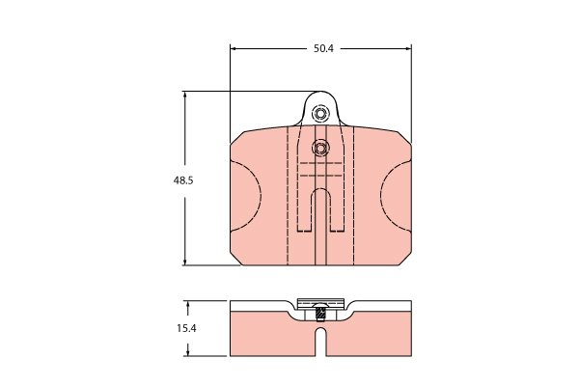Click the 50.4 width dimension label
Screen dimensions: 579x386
tap(323, 48)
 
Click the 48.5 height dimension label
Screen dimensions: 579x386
tap(183, 180)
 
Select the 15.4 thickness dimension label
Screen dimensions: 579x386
tap(186, 328)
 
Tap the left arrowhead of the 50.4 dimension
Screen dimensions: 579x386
tap(234, 48)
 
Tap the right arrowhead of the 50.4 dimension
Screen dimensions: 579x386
tap(408, 48)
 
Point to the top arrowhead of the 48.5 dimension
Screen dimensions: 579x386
tap(185, 95)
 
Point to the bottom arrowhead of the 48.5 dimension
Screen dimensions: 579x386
tap(185, 262)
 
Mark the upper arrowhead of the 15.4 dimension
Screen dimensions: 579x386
tap(188, 304)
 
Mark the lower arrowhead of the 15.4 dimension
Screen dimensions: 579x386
tap(188, 352)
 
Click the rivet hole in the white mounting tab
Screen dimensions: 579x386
tap(320, 114)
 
